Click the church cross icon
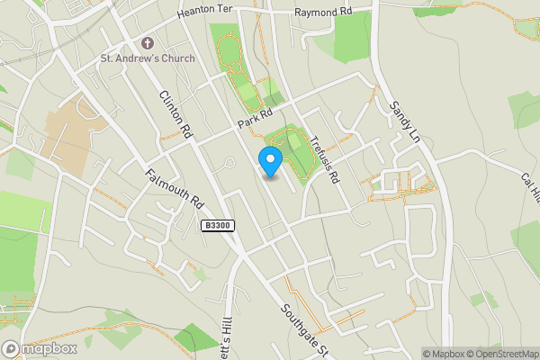[x=148, y=43]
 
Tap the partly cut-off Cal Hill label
[x=528, y=190]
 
